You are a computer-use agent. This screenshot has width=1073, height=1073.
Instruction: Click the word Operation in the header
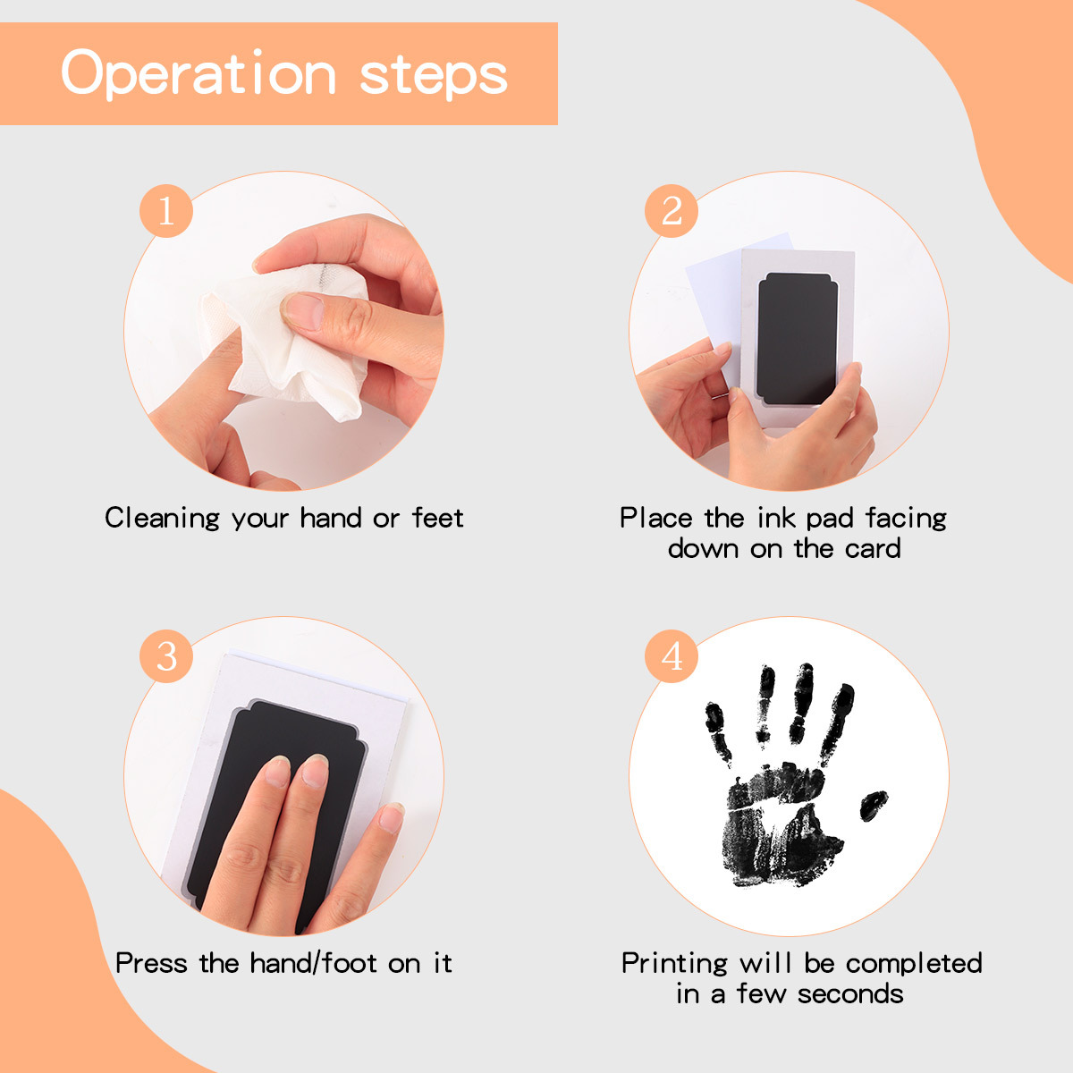[x=199, y=74]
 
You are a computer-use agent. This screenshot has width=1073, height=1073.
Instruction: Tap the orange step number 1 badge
[x=166, y=211]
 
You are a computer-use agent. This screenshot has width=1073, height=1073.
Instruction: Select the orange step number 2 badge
[x=671, y=211]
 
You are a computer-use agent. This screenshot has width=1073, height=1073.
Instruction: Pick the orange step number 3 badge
[x=166, y=656]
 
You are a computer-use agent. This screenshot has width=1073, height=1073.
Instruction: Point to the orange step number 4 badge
[x=671, y=656]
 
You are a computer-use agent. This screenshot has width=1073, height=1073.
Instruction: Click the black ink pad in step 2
[x=797, y=339]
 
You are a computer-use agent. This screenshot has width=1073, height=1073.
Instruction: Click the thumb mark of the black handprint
[x=873, y=805]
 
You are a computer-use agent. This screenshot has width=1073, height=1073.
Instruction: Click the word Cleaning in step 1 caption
[x=163, y=519]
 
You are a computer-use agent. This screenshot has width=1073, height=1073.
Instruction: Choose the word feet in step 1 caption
[x=437, y=518]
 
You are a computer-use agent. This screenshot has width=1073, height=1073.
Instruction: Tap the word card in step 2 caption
[x=873, y=548]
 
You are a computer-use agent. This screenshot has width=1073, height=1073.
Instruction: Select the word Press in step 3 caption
[x=151, y=963]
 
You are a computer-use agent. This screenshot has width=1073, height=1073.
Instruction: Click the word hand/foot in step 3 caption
[x=314, y=963]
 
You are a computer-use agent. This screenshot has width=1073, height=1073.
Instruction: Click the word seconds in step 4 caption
[x=850, y=994]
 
